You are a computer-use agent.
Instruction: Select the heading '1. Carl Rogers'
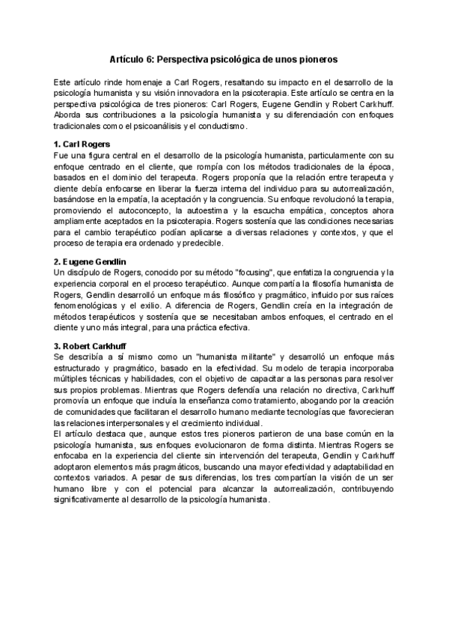82,142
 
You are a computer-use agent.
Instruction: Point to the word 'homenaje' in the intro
119,81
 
